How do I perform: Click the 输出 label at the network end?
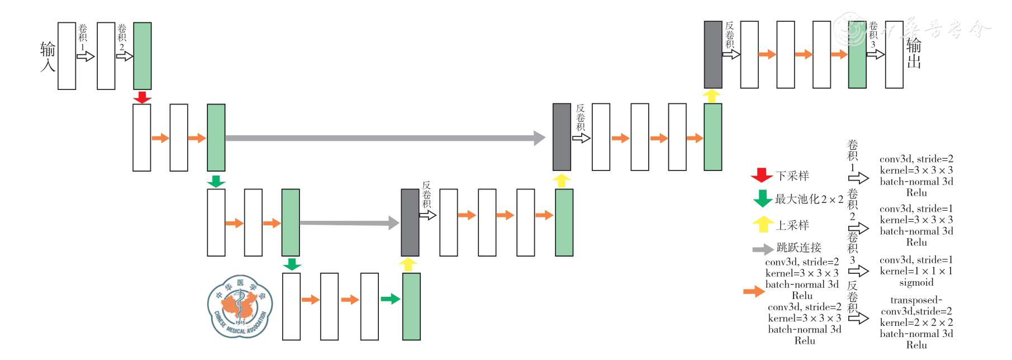914,54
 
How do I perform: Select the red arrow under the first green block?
142,97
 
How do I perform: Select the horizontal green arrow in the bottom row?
390,299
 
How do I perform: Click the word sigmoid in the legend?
916,282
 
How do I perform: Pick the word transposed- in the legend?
916,300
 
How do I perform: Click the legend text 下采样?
792,176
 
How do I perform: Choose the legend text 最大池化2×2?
809,199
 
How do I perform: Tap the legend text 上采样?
792,225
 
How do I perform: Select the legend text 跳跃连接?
799,248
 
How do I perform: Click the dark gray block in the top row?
712,55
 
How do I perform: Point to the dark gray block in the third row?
410,222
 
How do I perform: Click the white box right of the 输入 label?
66,56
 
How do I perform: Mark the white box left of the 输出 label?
894,55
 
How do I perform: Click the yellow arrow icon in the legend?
762,224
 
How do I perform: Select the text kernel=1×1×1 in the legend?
916,271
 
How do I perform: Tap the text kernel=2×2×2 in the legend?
916,323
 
